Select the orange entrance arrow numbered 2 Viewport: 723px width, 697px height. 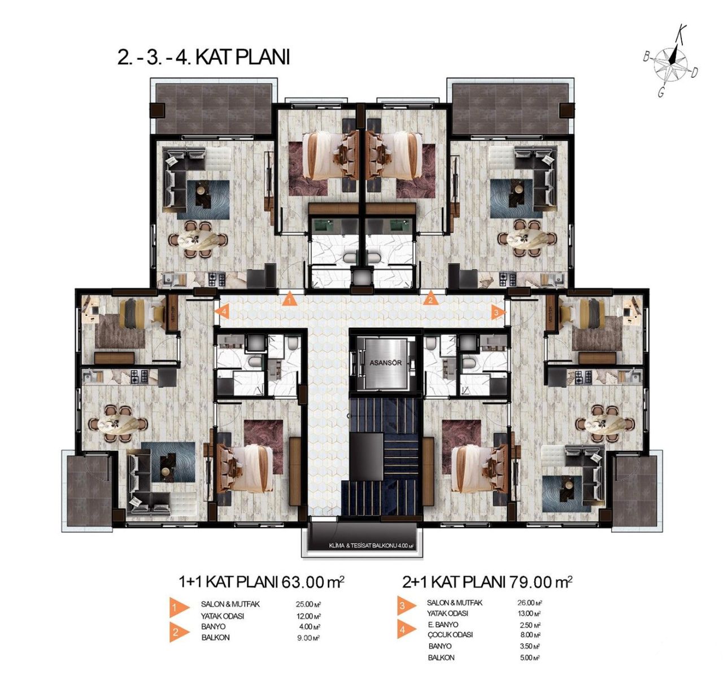pyautogui.click(x=430, y=299)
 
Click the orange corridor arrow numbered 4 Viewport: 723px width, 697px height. pyautogui.click(x=223, y=311)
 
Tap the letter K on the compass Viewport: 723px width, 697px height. pyautogui.click(x=682, y=31)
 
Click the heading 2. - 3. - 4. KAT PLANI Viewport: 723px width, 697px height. pyautogui.click(x=203, y=58)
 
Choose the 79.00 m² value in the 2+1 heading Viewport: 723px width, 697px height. pyautogui.click(x=541, y=581)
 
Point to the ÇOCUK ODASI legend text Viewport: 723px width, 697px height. pyautogui.click(x=450, y=635)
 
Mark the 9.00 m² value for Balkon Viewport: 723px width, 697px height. pyautogui.click(x=308, y=638)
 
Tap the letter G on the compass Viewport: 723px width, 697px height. pyautogui.click(x=660, y=93)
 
